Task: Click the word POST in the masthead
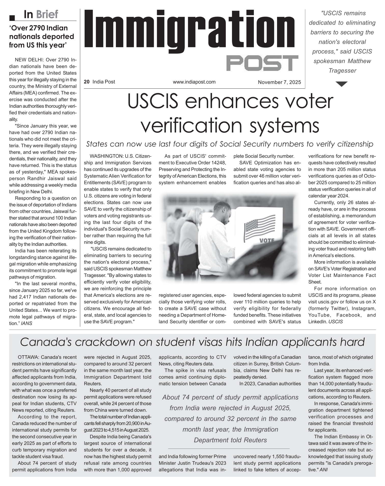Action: [262, 63]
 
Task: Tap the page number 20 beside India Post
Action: [87, 82]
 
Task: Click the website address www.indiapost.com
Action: [194, 82]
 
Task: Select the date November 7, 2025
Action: [279, 82]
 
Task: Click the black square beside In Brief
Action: [12, 18]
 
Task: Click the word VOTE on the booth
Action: [267, 240]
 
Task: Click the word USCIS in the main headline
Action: [153, 101]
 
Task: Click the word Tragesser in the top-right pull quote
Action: [342, 71]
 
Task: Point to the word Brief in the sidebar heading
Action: [47, 15]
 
